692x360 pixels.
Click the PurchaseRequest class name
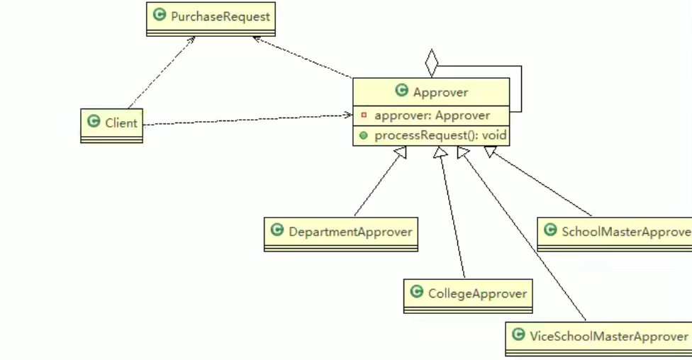point(220,16)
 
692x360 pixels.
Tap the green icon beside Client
point(94,122)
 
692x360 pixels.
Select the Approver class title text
point(440,92)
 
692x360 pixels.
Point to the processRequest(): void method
point(440,135)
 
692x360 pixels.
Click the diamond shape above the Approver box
point(432,62)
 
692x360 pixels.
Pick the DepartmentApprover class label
point(350,231)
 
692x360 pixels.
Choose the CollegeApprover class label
point(477,293)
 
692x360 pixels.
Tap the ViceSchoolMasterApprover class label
point(608,335)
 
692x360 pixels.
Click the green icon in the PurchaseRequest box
point(160,15)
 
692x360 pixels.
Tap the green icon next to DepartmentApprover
point(277,230)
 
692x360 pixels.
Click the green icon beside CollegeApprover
point(417,292)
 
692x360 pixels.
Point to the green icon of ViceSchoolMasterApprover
point(518,334)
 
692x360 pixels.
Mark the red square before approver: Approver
point(364,115)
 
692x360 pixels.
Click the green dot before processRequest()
point(364,135)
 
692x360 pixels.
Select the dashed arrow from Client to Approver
point(248,120)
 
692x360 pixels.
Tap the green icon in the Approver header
point(401,91)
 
